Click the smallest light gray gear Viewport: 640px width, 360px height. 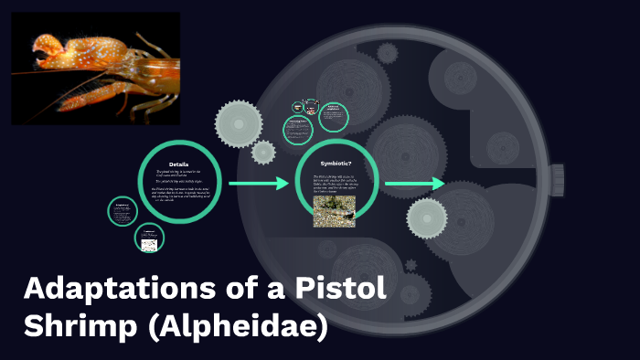pos(263,152)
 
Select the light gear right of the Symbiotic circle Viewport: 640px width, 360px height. pos(427,217)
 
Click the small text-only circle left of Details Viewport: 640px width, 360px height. pos(123,211)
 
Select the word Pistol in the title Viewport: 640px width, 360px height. pos(341,291)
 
